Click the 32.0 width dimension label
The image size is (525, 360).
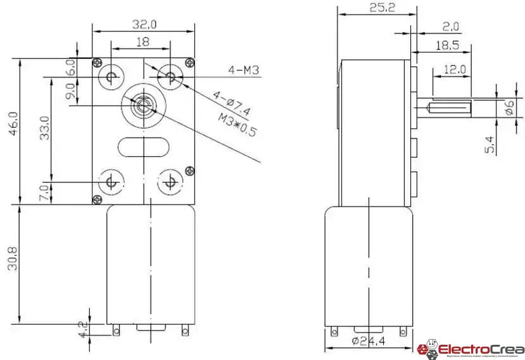tap(144, 24)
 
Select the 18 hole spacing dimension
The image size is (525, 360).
tap(142, 41)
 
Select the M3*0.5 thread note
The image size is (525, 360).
tap(238, 123)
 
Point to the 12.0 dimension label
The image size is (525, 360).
tap(454, 69)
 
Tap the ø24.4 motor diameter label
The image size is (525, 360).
tap(373, 341)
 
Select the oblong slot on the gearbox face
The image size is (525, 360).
tap(143, 146)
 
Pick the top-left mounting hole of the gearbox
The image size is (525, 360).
tap(112, 77)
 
